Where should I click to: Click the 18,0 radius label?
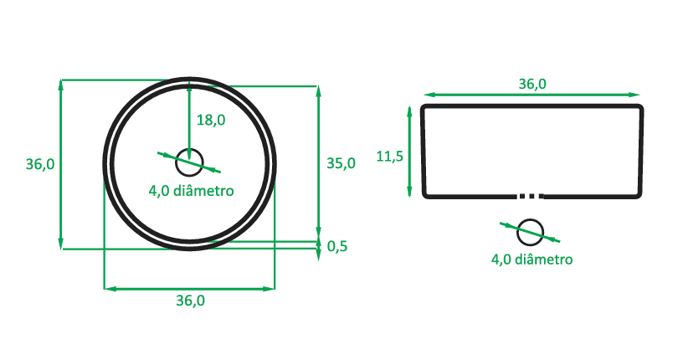210,120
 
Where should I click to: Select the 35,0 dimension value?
341,163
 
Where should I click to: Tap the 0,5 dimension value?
337,245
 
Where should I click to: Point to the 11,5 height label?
390,156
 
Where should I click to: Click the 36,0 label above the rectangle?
532,84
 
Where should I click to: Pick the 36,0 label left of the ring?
40,164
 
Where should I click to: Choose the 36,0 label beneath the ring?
190,301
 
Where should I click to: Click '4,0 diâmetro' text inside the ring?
191,190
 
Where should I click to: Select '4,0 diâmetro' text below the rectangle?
532,260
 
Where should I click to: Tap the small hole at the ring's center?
190,158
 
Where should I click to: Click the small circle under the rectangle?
531,231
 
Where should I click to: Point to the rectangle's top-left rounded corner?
424,109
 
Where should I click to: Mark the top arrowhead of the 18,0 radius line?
190,83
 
